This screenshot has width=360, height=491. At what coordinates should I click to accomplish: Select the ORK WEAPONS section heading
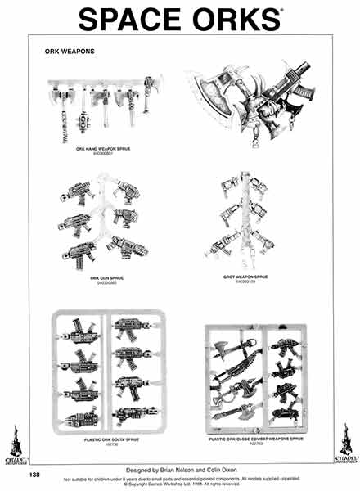click(70, 51)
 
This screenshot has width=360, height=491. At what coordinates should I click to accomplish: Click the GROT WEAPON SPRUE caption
click(245, 277)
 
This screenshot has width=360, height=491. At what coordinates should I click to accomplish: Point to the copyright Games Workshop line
click(185, 481)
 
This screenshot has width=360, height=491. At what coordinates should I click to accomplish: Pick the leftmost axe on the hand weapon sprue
click(61, 102)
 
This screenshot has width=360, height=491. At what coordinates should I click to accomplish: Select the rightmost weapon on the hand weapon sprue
click(150, 94)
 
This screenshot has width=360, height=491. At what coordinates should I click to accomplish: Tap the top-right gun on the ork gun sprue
click(128, 193)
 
